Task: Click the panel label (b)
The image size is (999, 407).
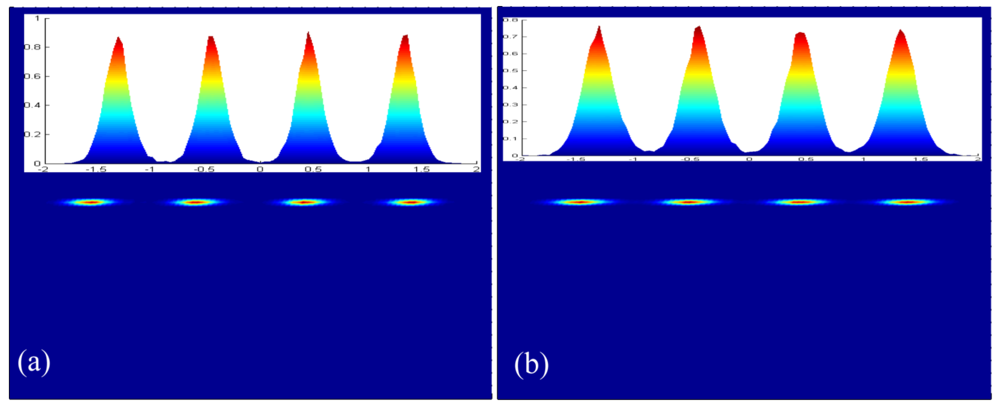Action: [x=531, y=364]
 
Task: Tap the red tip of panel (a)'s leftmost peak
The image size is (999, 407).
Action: [x=118, y=38]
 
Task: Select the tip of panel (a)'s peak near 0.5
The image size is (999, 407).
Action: [x=308, y=33]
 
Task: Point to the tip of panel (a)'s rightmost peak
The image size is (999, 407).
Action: [x=406, y=36]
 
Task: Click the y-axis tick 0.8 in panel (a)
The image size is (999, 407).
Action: [x=32, y=47]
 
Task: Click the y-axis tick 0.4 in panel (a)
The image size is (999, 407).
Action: [x=32, y=105]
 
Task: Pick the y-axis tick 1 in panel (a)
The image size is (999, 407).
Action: [x=37, y=18]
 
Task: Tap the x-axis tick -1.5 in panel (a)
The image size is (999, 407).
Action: [x=96, y=169]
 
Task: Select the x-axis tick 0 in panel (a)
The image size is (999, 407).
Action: [x=260, y=169]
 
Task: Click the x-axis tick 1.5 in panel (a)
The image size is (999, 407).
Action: [x=421, y=169]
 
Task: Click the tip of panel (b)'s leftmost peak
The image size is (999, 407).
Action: [x=599, y=27]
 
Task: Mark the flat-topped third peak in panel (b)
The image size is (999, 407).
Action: [x=800, y=34]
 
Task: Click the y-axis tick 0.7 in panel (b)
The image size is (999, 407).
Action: [x=510, y=36]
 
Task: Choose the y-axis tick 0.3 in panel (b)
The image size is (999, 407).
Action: [x=510, y=105]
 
